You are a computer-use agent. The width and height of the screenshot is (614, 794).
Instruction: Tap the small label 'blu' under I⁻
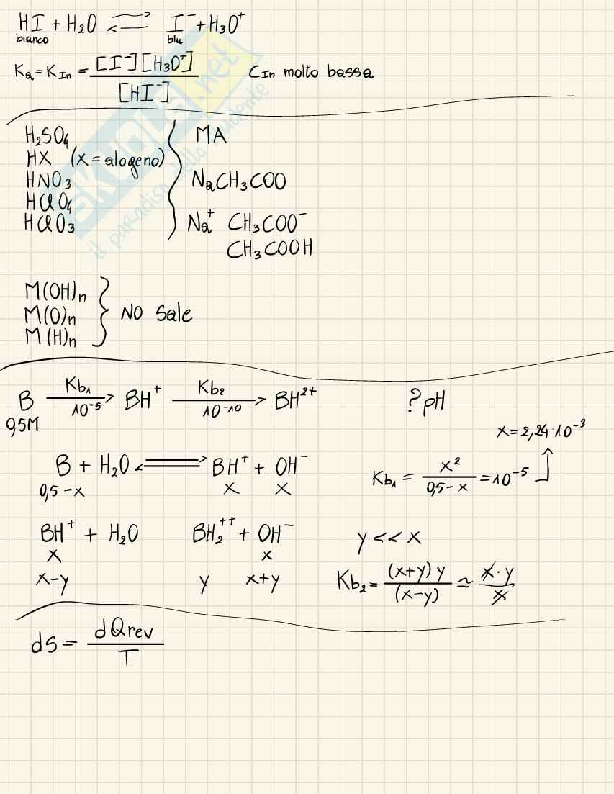tap(173, 41)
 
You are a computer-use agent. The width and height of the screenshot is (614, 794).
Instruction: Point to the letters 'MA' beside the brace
tap(211, 135)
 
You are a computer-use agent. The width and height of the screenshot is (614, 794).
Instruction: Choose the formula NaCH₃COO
tap(238, 181)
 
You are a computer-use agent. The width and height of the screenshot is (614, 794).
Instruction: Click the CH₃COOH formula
tap(269, 249)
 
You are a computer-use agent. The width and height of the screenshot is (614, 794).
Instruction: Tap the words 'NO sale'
tap(156, 314)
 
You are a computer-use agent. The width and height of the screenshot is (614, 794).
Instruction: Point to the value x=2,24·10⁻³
tap(541, 431)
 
